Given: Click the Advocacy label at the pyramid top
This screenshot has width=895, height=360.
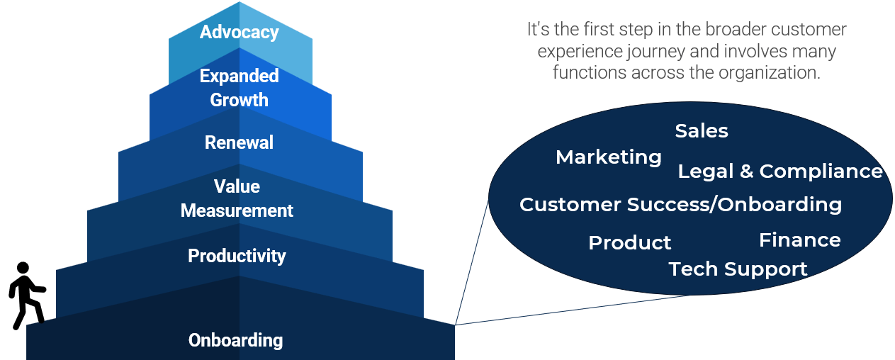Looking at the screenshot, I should click(239, 32).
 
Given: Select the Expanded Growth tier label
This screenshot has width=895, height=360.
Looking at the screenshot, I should click(239, 87).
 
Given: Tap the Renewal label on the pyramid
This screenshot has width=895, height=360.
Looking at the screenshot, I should click(239, 142).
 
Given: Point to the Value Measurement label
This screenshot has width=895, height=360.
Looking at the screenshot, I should click(237, 198).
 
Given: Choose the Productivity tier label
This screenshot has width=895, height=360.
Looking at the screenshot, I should click(237, 256).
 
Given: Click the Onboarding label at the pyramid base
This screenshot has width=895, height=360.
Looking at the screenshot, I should click(235, 340).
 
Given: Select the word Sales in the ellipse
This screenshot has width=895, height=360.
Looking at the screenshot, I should click(702, 131).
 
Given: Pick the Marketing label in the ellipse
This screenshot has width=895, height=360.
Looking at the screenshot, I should click(609, 157).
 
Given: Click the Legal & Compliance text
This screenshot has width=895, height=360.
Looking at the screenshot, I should click(780, 171).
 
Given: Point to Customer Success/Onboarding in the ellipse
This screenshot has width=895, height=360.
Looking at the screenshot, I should click(680, 205).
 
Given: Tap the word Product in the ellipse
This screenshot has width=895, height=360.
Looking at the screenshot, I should click(629, 243).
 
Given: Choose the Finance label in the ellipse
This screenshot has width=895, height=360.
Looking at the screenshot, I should click(799, 240).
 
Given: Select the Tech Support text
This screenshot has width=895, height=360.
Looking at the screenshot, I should click(738, 269).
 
